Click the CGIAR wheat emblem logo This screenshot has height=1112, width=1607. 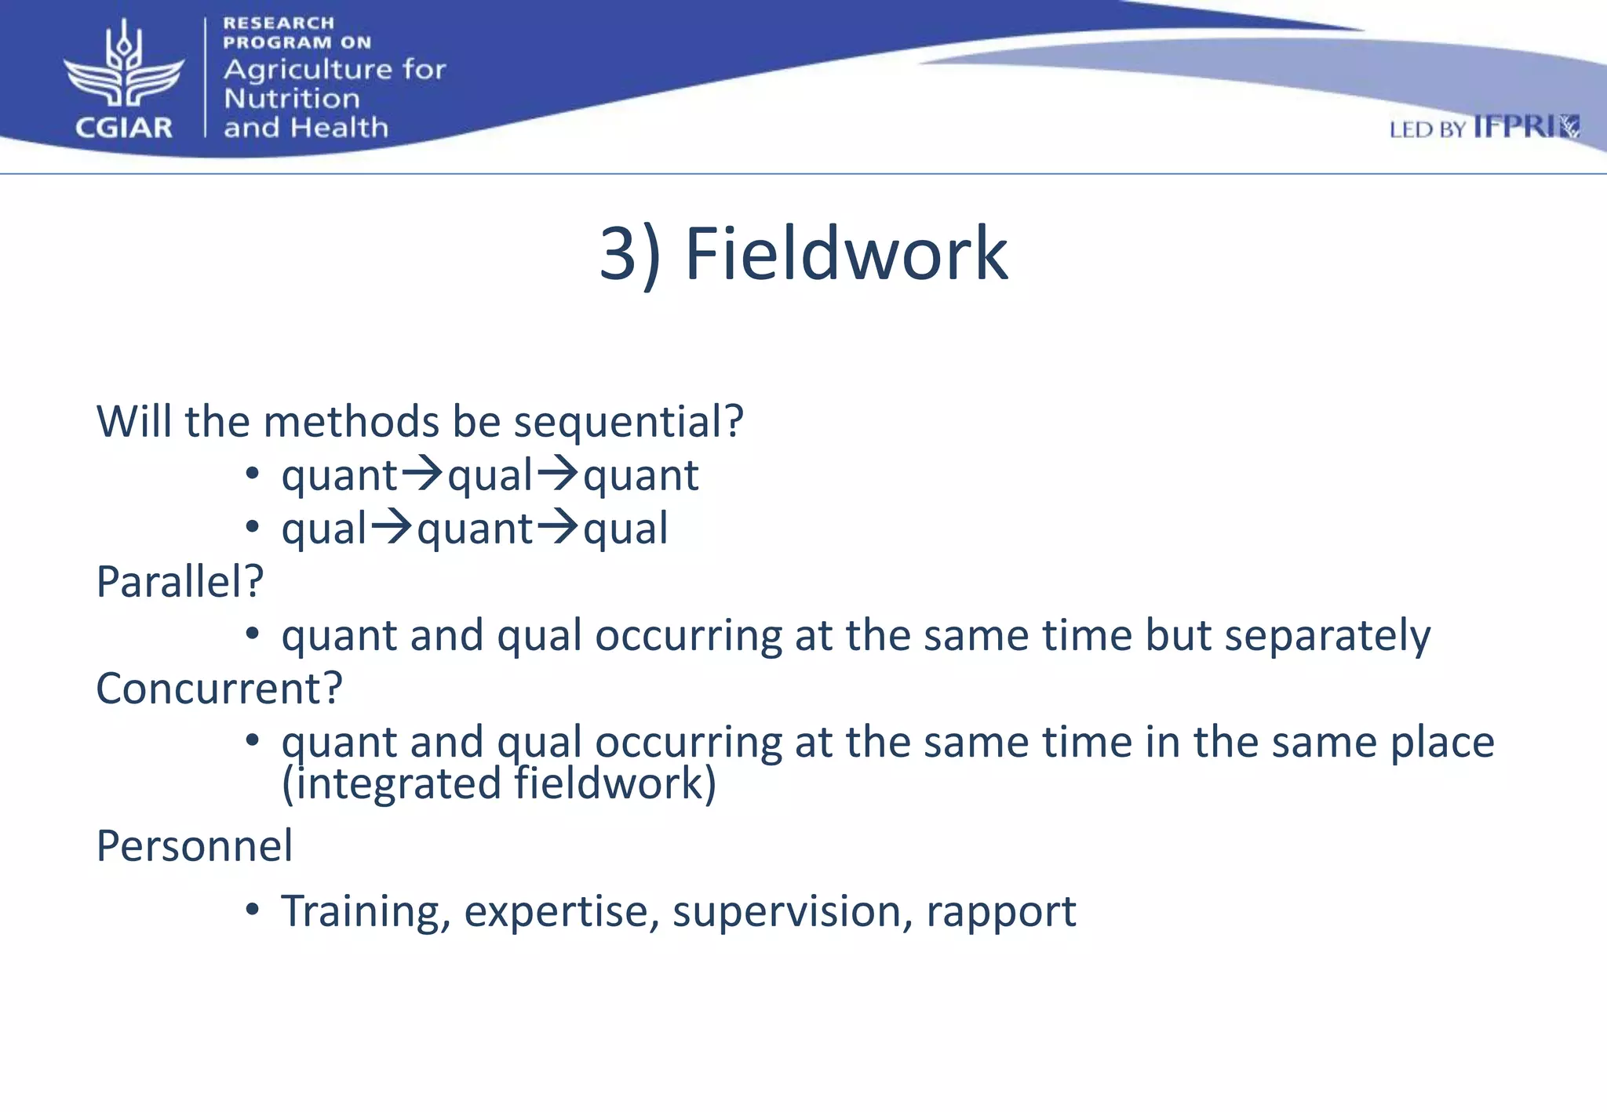click(124, 67)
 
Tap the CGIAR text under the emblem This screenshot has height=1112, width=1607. click(124, 127)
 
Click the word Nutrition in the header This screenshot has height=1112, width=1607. click(292, 99)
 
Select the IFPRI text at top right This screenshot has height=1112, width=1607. click(1514, 127)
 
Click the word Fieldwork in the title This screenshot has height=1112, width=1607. click(846, 254)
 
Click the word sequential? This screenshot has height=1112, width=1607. click(628, 422)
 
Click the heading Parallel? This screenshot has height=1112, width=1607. click(180, 582)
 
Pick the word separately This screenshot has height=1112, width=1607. click(1328, 635)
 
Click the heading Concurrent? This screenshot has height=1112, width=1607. click(219, 689)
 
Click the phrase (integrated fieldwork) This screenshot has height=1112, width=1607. click(499, 783)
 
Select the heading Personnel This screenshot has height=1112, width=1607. click(194, 846)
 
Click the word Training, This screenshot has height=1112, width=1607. click(366, 912)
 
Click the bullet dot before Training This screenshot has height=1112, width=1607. click(252, 910)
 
